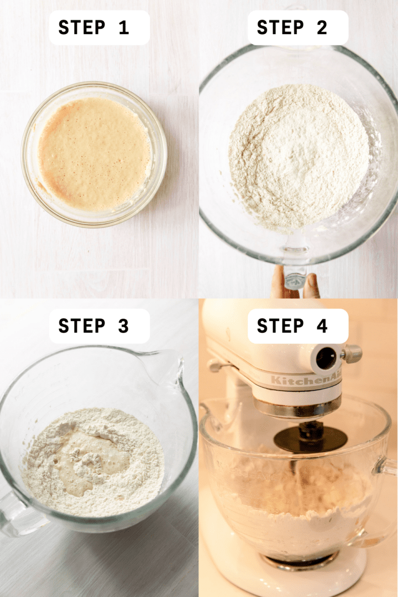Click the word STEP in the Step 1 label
coord(82,28)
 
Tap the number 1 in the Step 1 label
coord(123,28)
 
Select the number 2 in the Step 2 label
coord(322,28)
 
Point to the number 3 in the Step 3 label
coord(123,326)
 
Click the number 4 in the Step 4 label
coord(322,326)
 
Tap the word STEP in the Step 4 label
coord(280,326)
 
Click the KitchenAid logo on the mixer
coord(306,380)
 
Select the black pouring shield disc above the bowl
coord(311,438)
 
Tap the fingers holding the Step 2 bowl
coord(296,282)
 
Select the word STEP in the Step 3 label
coord(82,326)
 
